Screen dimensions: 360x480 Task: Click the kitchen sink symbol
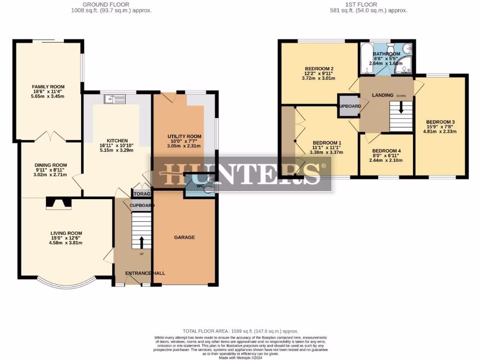[115, 98]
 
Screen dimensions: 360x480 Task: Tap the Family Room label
[48, 87]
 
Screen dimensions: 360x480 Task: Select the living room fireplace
[59, 202]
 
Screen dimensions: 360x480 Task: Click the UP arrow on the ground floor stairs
[142, 242]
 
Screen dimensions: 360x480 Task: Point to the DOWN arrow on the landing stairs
[401, 107]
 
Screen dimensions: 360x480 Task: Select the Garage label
[184, 238]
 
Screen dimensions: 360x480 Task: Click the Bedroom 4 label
[386, 151]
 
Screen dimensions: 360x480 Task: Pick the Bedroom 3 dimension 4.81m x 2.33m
[440, 131]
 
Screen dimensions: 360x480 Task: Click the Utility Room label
[184, 136]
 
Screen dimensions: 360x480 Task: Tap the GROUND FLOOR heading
[111, 5]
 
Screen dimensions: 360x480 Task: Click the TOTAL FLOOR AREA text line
[240, 331]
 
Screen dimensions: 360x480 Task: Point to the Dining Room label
[51, 165]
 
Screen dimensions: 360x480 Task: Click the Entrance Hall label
[145, 273]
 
